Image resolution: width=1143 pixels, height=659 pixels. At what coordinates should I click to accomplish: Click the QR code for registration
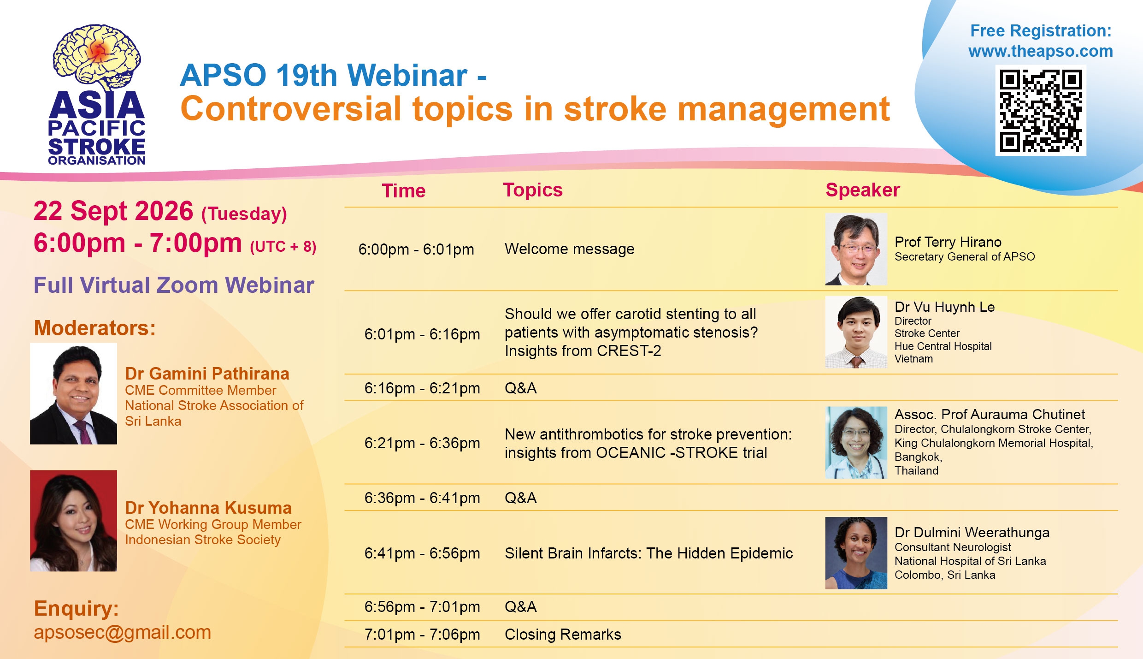(x=1041, y=111)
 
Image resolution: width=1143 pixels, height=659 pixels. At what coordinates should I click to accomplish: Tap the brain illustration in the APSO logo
(x=97, y=56)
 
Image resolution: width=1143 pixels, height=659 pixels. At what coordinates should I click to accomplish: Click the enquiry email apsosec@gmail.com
(x=122, y=632)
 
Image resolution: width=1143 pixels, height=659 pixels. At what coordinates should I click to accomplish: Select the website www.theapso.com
(x=1041, y=51)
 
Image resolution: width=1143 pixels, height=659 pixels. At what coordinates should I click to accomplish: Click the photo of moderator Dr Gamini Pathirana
(x=74, y=394)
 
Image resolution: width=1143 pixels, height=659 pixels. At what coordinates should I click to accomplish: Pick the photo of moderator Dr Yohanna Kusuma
(x=74, y=521)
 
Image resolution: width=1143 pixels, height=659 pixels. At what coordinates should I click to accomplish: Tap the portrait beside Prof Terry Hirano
(x=856, y=249)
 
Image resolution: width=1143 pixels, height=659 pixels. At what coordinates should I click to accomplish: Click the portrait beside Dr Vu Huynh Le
(x=856, y=332)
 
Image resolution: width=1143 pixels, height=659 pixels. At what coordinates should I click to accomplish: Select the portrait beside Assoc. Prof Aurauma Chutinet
(x=856, y=443)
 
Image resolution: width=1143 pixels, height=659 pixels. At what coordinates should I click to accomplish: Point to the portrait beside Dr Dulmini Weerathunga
(x=856, y=553)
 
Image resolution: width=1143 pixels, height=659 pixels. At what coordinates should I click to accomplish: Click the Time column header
(x=404, y=191)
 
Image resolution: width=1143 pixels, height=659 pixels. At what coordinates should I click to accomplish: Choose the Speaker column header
(x=863, y=190)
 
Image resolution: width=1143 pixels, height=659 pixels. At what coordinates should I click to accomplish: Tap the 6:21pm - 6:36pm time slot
(x=422, y=443)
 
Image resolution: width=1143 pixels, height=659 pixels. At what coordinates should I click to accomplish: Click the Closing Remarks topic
(x=563, y=635)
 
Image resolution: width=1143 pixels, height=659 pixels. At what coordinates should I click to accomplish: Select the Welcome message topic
(x=570, y=249)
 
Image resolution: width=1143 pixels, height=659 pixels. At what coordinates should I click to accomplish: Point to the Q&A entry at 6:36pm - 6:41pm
(x=521, y=498)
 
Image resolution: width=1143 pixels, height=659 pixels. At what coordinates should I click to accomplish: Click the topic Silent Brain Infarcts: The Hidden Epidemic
(x=649, y=553)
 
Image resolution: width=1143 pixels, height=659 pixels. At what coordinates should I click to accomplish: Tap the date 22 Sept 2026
(x=113, y=212)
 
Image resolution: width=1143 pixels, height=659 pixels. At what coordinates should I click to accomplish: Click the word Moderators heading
(x=95, y=328)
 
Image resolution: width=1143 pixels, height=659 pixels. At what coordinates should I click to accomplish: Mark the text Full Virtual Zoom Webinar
(x=174, y=285)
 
